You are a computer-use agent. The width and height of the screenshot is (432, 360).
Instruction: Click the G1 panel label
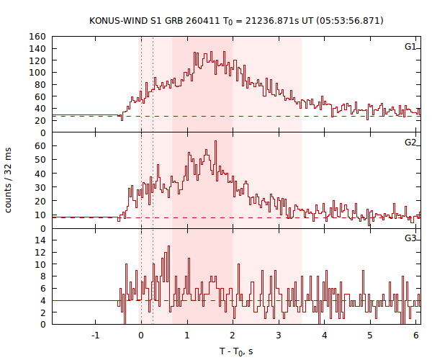pyautogui.click(x=410, y=47)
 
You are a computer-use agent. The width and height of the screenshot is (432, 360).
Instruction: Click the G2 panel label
pyautogui.click(x=410, y=143)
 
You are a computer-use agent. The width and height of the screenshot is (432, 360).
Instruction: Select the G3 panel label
pyautogui.click(x=410, y=238)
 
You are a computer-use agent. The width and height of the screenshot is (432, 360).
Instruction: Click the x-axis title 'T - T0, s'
pyautogui.click(x=236, y=351)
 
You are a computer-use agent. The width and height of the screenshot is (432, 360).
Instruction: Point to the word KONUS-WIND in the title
pyautogui.click(x=116, y=20)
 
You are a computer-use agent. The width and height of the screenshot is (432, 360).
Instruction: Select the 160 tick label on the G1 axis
pyautogui.click(x=38, y=37)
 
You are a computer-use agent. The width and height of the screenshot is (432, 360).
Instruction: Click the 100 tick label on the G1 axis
pyautogui.click(x=38, y=73)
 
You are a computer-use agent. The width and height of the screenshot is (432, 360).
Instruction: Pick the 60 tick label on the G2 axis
pyautogui.click(x=41, y=146)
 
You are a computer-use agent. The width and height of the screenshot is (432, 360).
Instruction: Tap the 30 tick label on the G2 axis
pyautogui.click(x=41, y=187)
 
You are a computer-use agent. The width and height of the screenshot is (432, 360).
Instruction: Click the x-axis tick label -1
pyautogui.click(x=95, y=336)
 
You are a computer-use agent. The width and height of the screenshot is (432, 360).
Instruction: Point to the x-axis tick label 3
pyautogui.click(x=279, y=336)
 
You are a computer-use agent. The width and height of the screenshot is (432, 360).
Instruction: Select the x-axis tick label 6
pyautogui.click(x=416, y=336)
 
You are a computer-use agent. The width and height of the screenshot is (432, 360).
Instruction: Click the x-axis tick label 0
pyautogui.click(x=141, y=336)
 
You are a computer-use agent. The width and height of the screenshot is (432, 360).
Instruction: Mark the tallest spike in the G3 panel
pyautogui.click(x=168, y=247)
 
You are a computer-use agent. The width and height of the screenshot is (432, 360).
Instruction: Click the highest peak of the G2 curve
pyautogui.click(x=215, y=142)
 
